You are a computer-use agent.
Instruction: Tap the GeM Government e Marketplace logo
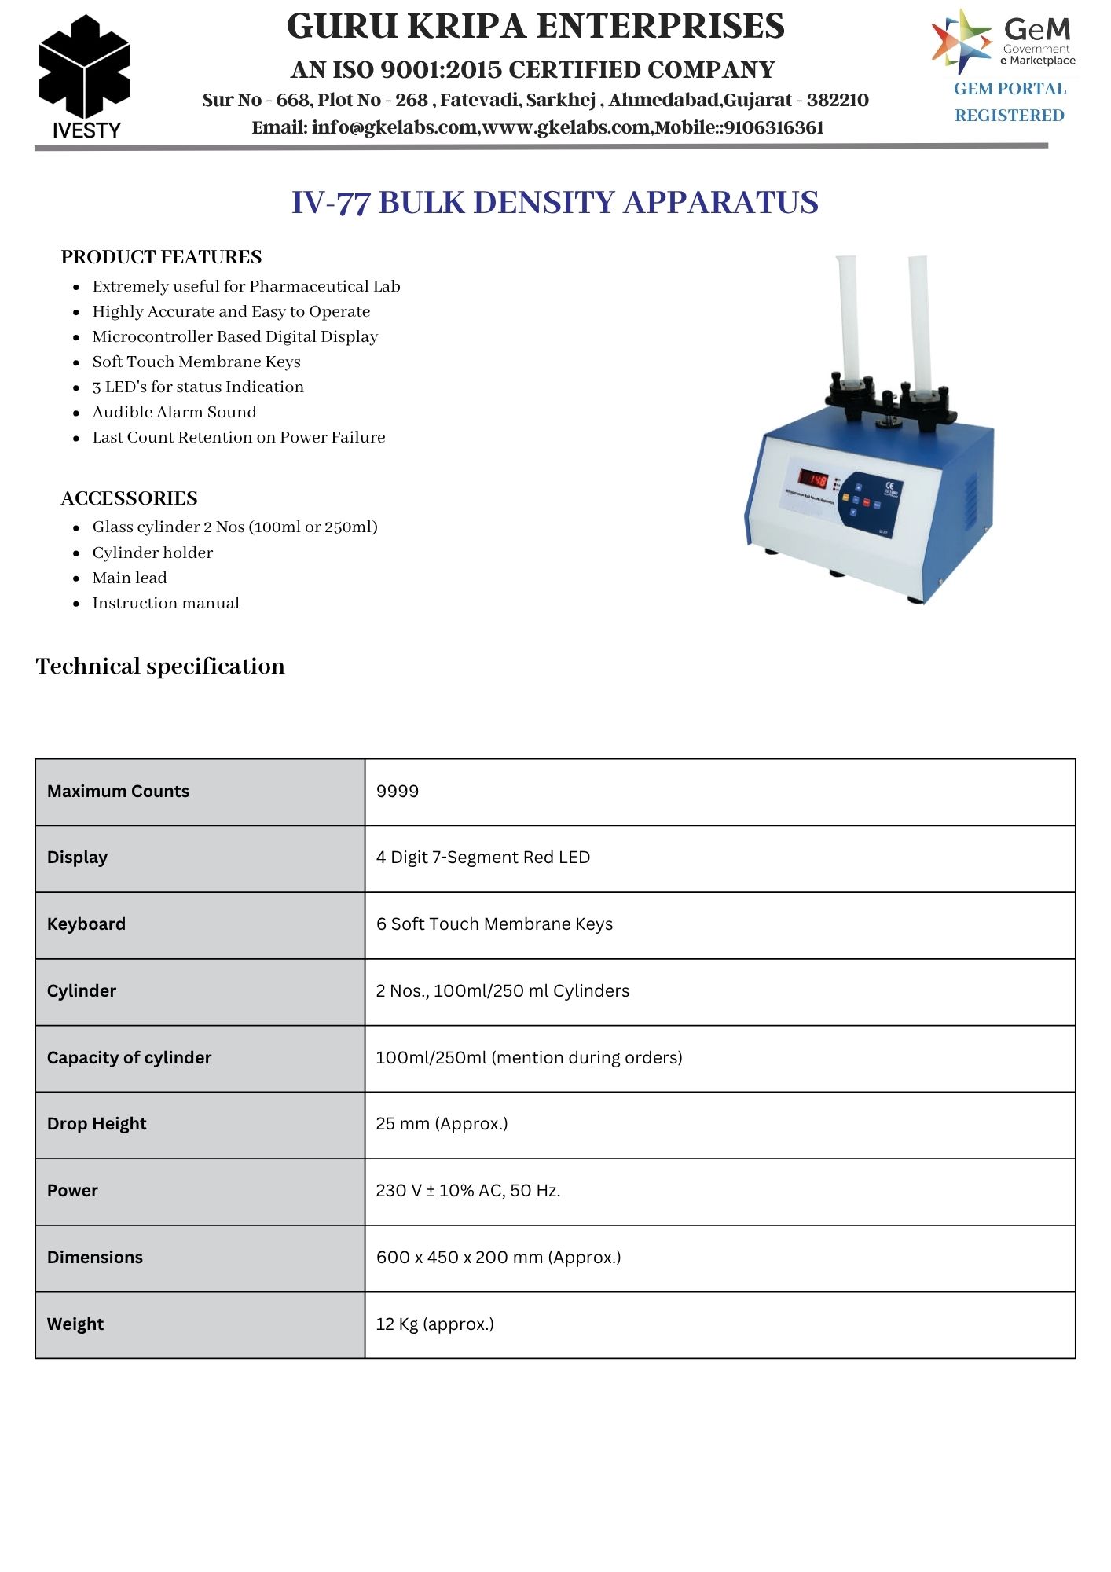click(1003, 41)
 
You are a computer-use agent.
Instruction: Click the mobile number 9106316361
click(774, 127)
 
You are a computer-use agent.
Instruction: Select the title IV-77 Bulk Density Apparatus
click(555, 202)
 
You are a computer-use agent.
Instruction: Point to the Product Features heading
click(161, 257)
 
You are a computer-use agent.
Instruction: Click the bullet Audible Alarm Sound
click(174, 412)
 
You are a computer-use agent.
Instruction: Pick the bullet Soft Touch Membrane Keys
click(196, 362)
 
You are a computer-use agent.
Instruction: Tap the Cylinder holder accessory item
click(152, 553)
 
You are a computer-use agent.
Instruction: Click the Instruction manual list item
click(166, 603)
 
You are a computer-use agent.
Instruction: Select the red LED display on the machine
click(813, 478)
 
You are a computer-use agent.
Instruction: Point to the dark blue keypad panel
click(869, 504)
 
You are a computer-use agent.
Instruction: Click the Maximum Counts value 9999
click(398, 792)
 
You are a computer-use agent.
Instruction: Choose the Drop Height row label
click(97, 1124)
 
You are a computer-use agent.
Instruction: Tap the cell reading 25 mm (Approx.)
click(442, 1124)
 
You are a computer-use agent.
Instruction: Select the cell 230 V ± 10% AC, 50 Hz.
click(468, 1191)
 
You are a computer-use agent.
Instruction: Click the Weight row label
click(75, 1324)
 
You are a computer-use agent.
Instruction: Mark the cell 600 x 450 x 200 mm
click(498, 1258)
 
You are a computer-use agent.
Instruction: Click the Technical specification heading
click(160, 667)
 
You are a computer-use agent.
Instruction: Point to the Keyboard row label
click(86, 924)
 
